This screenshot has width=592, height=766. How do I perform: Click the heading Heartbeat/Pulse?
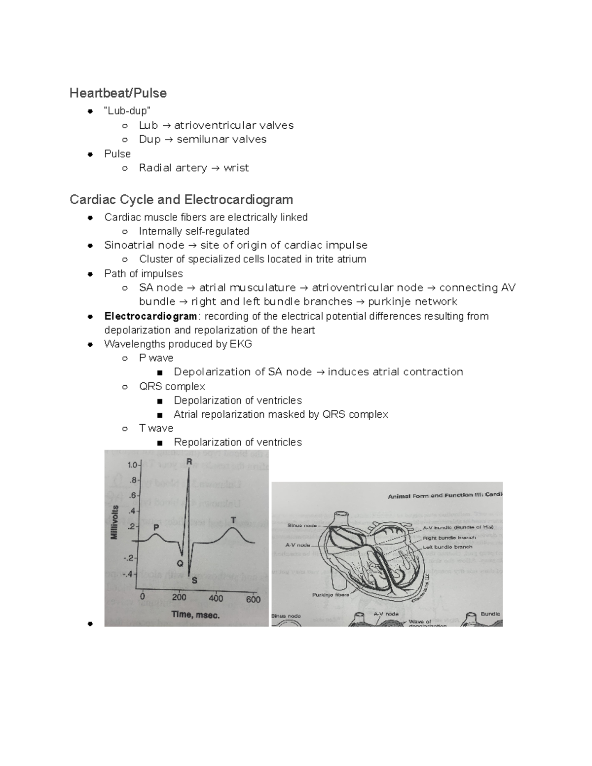[x=118, y=93]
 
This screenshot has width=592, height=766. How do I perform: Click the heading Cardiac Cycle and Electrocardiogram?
[x=181, y=200]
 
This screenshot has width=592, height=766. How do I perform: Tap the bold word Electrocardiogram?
[x=150, y=316]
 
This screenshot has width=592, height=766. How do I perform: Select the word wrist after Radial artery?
[x=236, y=168]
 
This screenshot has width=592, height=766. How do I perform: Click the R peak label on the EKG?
[x=189, y=462]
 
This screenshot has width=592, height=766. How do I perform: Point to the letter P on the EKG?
[x=156, y=527]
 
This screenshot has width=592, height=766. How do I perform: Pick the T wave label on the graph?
[x=233, y=520]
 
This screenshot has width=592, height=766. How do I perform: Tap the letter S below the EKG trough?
[x=194, y=581]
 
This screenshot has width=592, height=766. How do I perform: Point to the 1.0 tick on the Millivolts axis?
[x=132, y=465]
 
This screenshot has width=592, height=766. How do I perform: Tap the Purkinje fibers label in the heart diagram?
[x=330, y=595]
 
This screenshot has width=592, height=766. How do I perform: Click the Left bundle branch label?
[x=447, y=547]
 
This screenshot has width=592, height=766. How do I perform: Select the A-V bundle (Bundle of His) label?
[x=457, y=527]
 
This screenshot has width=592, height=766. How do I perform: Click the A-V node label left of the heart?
[x=297, y=546]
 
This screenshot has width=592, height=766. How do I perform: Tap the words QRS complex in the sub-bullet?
[x=172, y=387]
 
